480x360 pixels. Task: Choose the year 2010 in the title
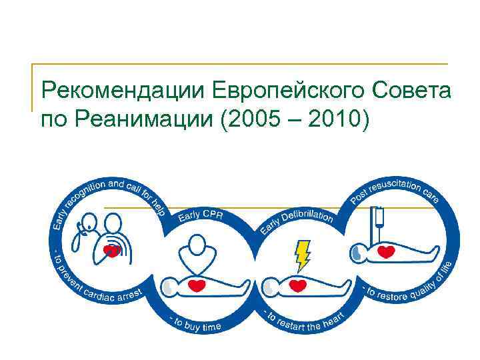point(335,120)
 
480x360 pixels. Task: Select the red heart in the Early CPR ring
point(196,286)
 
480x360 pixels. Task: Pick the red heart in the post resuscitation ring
point(387,253)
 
